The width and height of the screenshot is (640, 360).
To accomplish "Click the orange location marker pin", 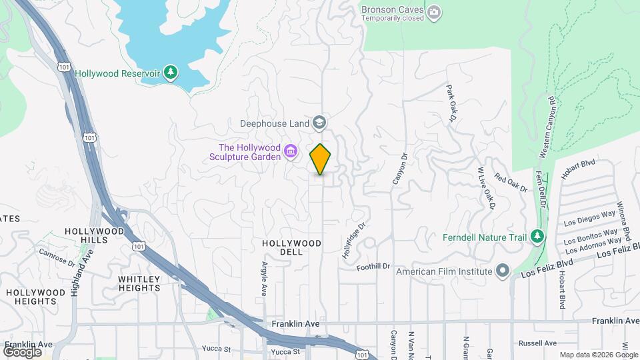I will (321, 159).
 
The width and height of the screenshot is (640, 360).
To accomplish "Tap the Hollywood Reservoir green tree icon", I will (171, 73).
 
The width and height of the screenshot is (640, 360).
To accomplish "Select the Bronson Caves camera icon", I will (435, 11).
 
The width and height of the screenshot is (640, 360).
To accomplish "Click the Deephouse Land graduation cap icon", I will (320, 123).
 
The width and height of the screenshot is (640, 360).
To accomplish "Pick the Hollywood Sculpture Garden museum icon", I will (291, 152).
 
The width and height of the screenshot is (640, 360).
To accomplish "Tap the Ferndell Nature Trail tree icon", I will (537, 237).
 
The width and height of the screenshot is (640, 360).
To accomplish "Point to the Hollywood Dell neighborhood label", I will (292, 244).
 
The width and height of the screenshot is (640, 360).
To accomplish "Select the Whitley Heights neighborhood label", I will (139, 283).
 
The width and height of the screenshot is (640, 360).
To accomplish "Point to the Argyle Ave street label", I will (263, 279).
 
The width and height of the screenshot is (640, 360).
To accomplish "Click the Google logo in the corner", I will (22, 351).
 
